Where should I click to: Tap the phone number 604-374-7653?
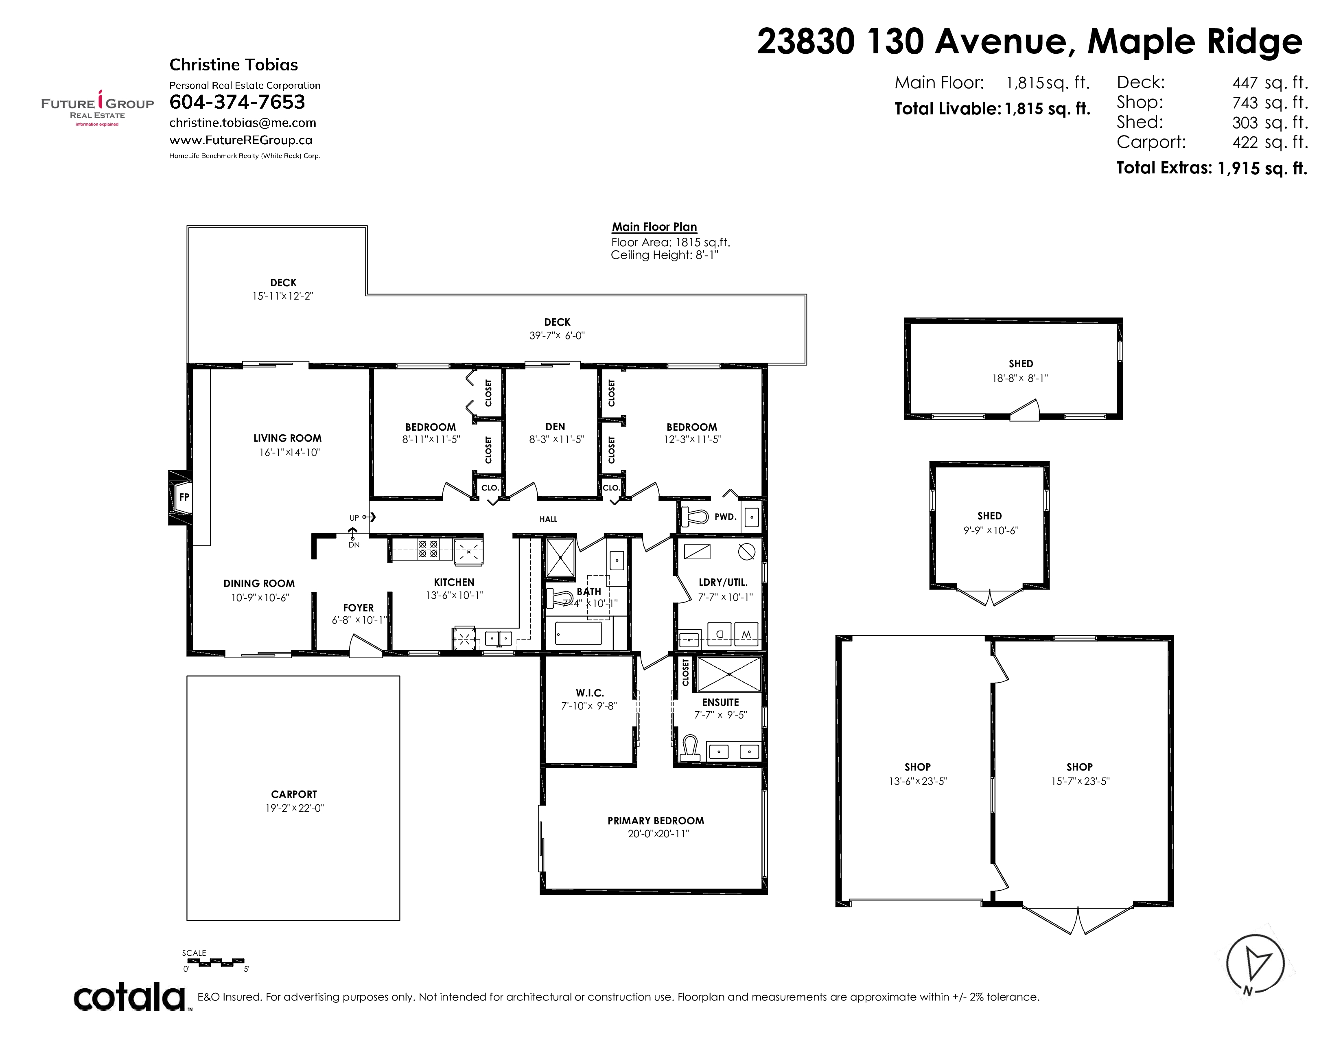(237, 102)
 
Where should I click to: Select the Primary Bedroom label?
(656, 821)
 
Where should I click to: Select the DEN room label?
(555, 427)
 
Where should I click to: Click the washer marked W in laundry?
(746, 634)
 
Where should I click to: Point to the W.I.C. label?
(590, 693)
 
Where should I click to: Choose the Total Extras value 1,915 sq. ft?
(1262, 168)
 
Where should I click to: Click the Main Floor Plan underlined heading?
(654, 227)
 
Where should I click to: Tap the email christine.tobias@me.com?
(243, 123)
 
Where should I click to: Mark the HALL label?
(549, 519)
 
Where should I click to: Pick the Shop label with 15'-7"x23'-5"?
(1080, 767)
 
